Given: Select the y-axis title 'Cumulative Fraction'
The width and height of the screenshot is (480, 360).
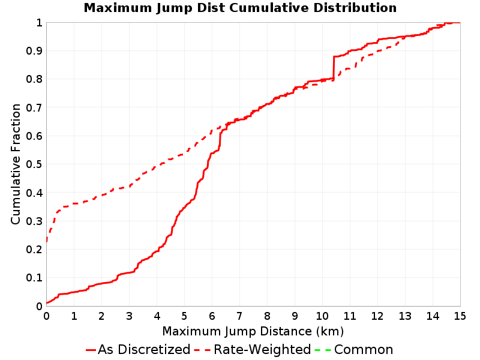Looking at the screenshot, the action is [x=16, y=164].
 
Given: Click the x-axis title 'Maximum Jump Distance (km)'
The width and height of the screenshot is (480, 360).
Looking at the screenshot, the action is [x=253, y=331].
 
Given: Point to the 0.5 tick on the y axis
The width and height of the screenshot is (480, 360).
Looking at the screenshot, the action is [x=34, y=164].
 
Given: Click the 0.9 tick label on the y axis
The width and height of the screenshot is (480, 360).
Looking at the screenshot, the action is [x=34, y=51].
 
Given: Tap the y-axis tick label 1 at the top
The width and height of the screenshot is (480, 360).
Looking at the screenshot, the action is [x=39, y=23].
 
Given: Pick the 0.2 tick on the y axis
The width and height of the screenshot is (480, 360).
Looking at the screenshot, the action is [x=34, y=250].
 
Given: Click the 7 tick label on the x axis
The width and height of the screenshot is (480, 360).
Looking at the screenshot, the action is [x=239, y=316].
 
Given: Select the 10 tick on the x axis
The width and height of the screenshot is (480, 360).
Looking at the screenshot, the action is [x=322, y=316].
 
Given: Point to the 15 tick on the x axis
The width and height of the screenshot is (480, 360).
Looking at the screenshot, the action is [x=460, y=316].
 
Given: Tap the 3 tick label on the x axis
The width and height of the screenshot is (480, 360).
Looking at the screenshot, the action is [x=129, y=316].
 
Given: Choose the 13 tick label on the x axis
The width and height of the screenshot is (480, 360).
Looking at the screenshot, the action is [x=405, y=316].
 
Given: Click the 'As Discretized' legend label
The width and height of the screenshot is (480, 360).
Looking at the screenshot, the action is [x=144, y=350].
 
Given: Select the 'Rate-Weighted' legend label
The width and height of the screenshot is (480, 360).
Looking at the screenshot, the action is [x=262, y=350].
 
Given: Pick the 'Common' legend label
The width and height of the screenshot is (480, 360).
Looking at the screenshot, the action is [x=364, y=350].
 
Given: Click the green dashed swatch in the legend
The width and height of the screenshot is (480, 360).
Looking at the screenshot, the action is [x=323, y=350].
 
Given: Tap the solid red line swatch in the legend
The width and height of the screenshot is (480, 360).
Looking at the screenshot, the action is [x=91, y=350].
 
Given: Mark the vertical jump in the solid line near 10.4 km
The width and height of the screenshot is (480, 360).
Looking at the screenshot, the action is [x=334, y=68].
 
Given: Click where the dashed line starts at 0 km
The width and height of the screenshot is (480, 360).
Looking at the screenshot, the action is [x=47, y=242].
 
